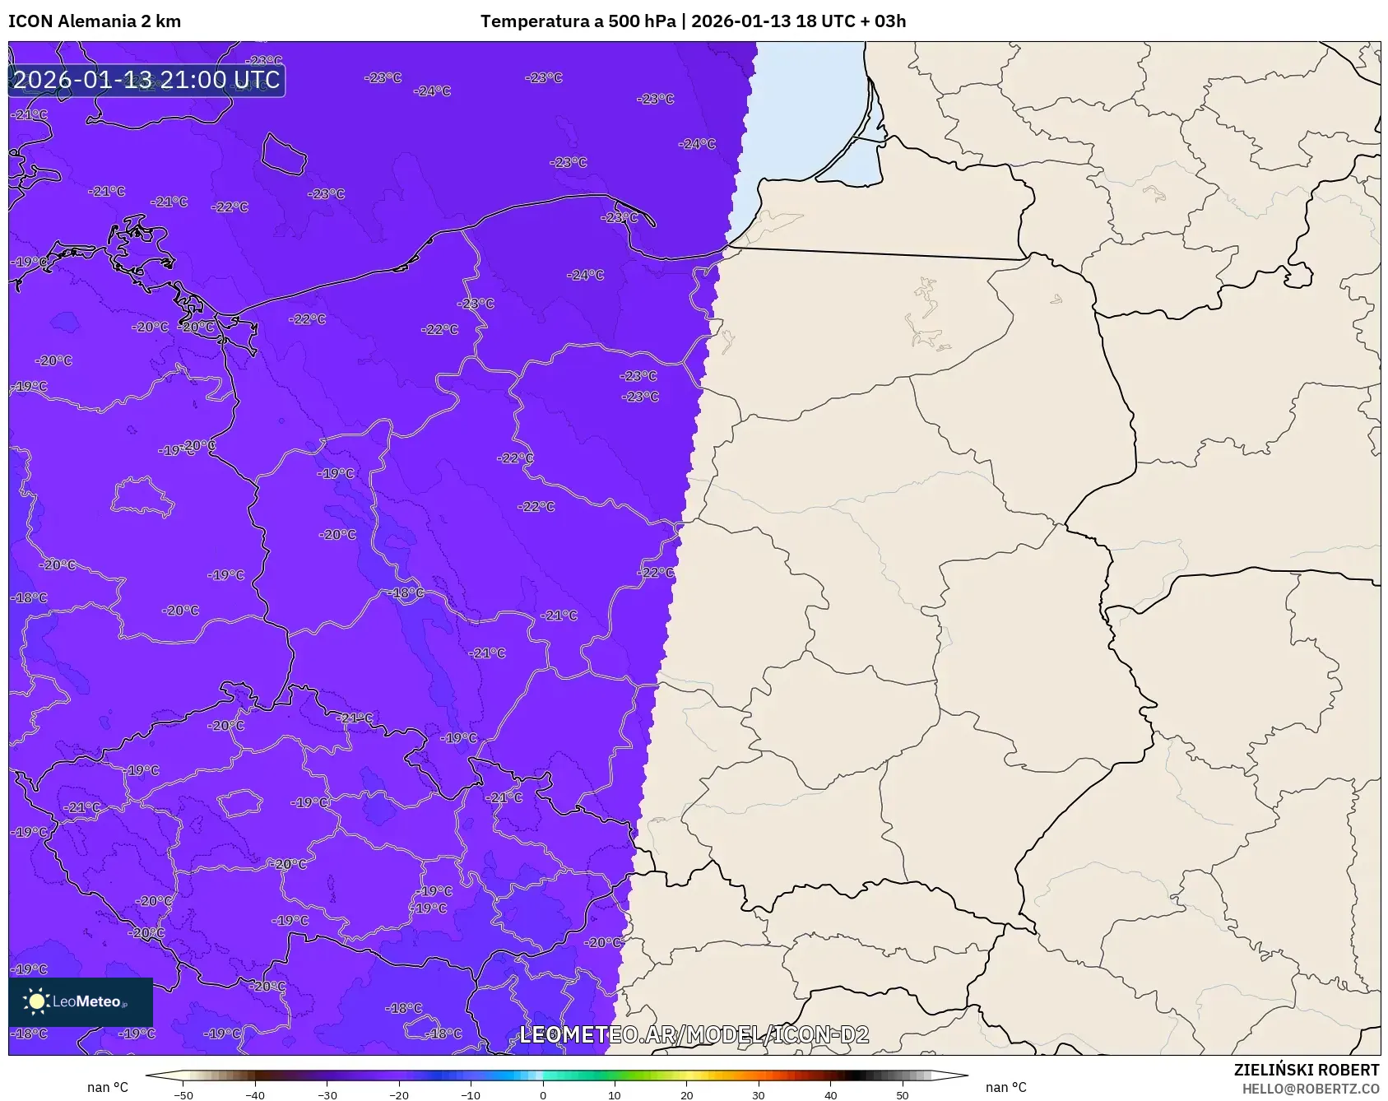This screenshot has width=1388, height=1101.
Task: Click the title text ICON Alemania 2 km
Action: tap(95, 21)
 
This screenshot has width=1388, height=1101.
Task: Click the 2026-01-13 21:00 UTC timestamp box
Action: tap(146, 80)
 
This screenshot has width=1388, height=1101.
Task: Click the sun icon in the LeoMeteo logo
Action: tap(36, 1001)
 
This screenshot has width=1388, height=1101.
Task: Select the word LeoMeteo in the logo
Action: tap(87, 1001)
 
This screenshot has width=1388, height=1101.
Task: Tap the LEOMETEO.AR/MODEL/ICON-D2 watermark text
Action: tap(694, 1034)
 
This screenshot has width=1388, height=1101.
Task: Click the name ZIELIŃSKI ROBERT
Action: tap(1306, 1070)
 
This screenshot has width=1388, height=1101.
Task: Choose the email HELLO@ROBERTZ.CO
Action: tap(1310, 1089)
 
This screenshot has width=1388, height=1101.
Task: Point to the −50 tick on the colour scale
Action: tap(183, 1095)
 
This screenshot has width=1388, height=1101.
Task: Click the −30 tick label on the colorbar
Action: tap(327, 1095)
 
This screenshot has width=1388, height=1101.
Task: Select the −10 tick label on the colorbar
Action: tap(471, 1095)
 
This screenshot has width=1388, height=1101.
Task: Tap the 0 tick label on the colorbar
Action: tap(543, 1095)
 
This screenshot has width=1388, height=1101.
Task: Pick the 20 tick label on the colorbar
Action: tap(686, 1095)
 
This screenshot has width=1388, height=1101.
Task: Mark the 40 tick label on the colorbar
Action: tap(830, 1095)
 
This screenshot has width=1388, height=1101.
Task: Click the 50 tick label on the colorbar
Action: tap(903, 1095)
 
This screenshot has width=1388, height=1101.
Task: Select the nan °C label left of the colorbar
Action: tap(108, 1088)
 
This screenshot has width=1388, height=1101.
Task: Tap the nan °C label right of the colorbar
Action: tap(1006, 1088)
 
